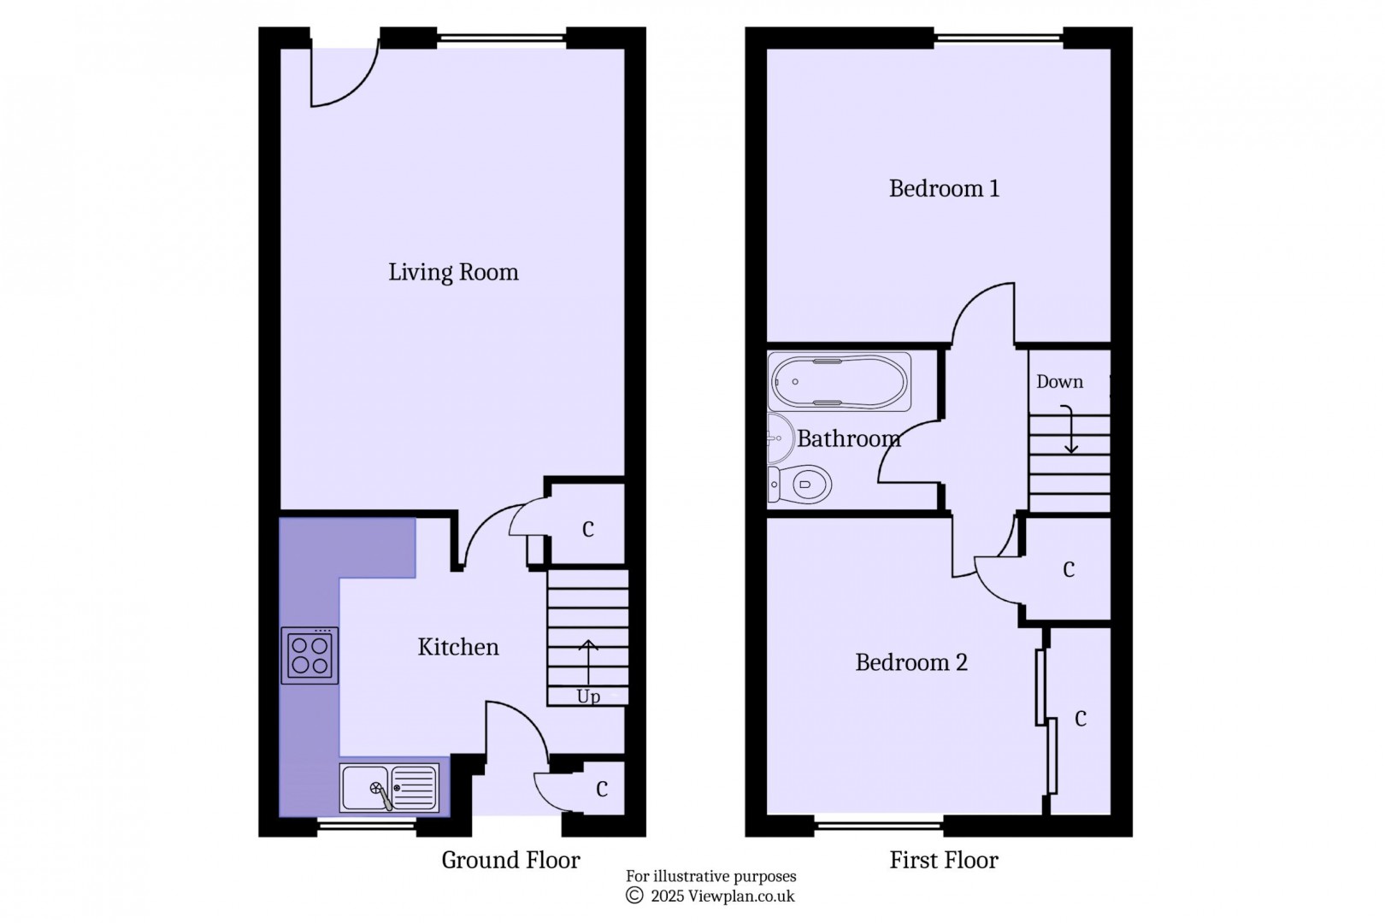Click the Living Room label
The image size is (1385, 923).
pos(453,273)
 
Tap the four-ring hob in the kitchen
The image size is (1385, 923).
pos(309,656)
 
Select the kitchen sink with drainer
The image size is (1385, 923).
pos(390,787)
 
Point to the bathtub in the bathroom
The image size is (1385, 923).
pos(839,381)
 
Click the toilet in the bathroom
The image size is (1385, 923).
pos(801,485)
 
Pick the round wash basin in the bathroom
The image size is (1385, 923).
pos(780,438)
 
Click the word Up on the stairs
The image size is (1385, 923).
pos(588,697)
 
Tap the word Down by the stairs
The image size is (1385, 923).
pos(1059,382)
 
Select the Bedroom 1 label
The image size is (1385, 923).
pos(944,188)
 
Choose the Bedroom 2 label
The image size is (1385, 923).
pos(911,662)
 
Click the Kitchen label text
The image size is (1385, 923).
pos(458,647)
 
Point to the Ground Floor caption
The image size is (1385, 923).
pos(510,860)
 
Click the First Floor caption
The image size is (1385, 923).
pos(944,860)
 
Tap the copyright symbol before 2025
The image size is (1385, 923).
pos(634,896)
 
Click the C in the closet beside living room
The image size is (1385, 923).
pos(588,530)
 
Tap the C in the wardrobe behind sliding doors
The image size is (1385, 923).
pos(1081,719)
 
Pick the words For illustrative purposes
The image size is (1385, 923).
pos(710,876)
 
